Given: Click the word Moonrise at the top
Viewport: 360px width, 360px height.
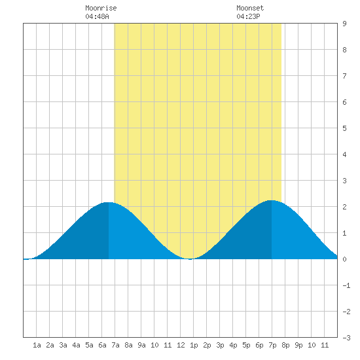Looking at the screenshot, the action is coord(101,8).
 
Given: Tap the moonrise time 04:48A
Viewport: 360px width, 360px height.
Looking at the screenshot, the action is coord(97,16).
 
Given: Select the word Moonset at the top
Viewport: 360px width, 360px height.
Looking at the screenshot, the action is coord(250,8).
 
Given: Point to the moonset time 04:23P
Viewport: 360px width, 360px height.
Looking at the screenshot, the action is coord(248,16).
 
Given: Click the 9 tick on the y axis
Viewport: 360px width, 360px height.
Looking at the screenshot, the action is coord(344,24).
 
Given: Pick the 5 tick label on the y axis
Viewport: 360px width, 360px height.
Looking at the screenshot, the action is coord(344,128).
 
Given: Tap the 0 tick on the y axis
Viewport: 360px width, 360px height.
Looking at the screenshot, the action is coord(344,259).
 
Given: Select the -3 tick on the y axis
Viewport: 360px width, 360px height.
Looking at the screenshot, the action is coord(346,338).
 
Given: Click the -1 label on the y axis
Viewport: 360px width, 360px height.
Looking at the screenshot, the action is coord(346,285).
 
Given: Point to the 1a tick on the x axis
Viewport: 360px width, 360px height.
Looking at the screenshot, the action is coord(37,345).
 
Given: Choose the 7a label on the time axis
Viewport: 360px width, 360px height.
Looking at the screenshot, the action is coord(115,345).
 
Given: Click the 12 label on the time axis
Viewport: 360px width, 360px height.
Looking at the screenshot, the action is coord(181,345).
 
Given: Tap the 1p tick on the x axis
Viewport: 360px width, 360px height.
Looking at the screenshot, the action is coord(194,345).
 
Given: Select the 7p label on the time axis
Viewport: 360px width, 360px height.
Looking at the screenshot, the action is coord(272,345).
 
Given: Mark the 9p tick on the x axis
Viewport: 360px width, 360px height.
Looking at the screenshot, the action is coord(298,345).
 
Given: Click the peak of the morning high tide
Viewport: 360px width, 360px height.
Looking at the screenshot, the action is coord(109,202).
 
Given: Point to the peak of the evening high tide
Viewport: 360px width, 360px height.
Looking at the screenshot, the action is coord(272,201).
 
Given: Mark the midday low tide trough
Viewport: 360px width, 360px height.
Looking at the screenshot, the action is coord(190,259).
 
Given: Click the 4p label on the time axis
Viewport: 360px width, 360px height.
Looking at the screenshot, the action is coord(233,345).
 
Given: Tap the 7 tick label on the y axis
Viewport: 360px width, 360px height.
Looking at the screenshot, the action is coord(344,76).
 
